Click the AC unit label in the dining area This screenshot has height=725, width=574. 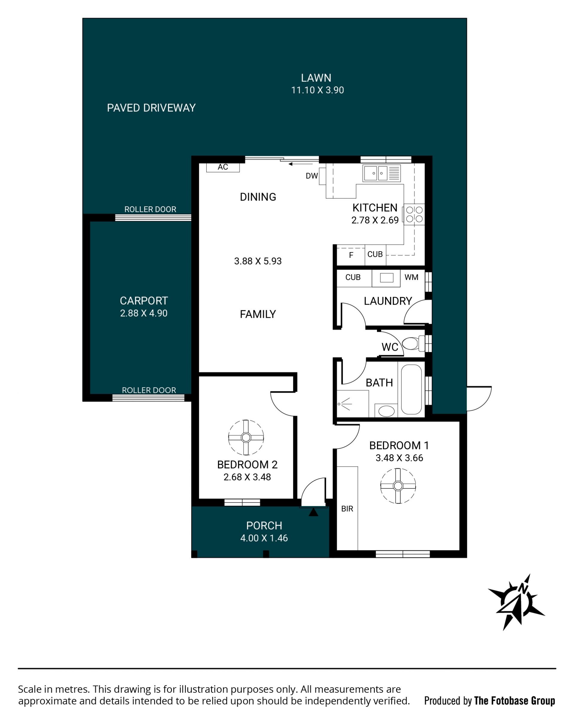[x=223, y=167]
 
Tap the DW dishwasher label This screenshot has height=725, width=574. [x=312, y=176]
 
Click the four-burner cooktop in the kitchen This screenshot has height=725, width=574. [x=414, y=214]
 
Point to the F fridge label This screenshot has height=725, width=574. [x=351, y=255]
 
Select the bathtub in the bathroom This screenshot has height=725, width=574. [x=411, y=389]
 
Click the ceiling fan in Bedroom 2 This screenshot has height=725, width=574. [x=246, y=437]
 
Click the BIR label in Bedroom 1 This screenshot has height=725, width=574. [x=347, y=509]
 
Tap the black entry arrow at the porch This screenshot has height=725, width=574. [x=313, y=512]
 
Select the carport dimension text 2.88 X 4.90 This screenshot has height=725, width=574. [x=144, y=313]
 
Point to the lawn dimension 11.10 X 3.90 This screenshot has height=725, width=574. [x=317, y=90]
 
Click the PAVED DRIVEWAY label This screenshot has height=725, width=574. [x=151, y=108]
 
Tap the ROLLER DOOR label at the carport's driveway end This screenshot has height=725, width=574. [x=150, y=209]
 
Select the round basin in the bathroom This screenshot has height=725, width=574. [x=387, y=411]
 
